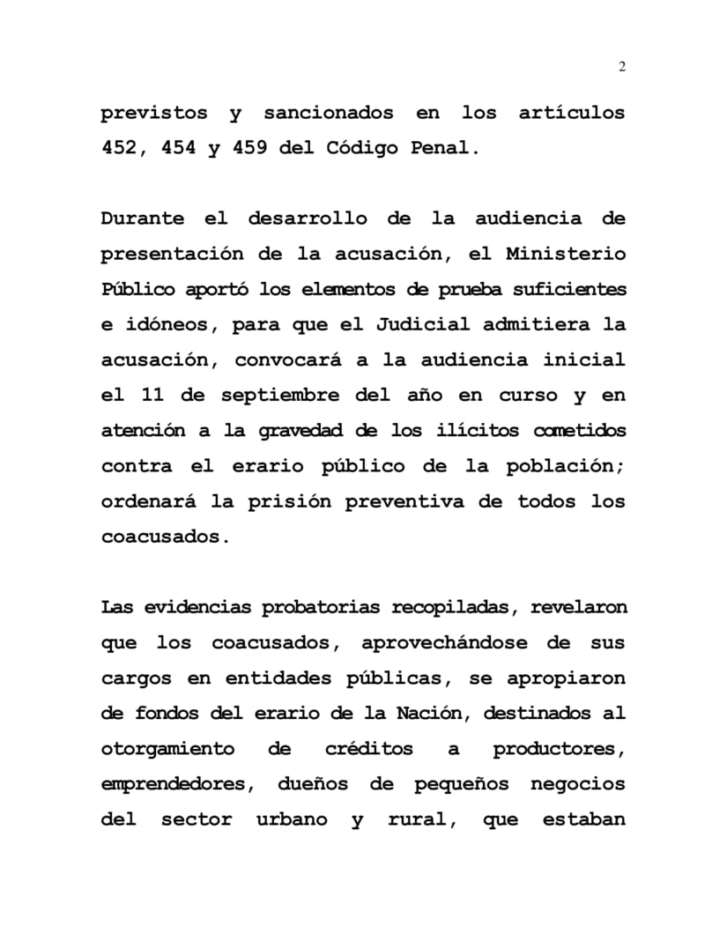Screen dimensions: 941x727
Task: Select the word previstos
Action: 154,113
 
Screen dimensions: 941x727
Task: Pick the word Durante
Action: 143,219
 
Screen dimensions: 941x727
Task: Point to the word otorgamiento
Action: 167,749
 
